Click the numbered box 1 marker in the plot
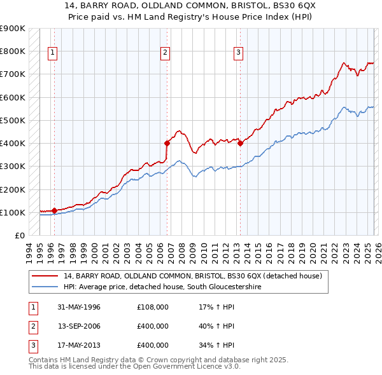52,53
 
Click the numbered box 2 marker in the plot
165,53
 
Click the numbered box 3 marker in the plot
238,53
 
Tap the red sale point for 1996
54,210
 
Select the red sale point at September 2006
167,144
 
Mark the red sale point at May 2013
240,144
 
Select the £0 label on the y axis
19,236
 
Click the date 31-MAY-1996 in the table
79,308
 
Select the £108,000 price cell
153,308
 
